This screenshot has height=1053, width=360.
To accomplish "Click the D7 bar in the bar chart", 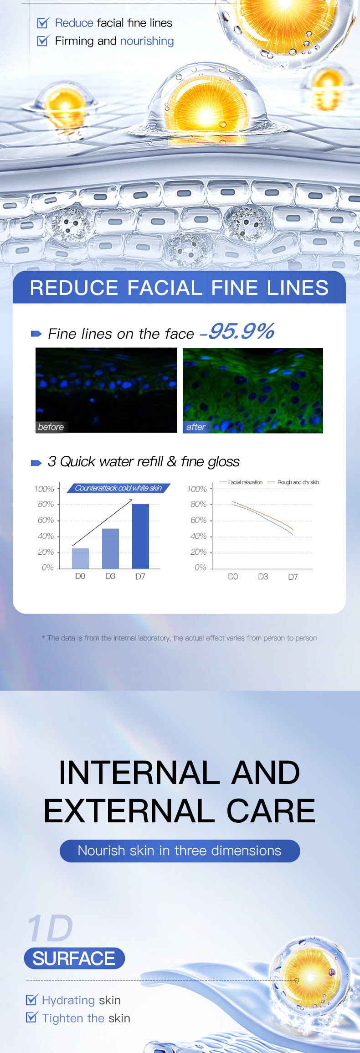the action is tap(140, 536).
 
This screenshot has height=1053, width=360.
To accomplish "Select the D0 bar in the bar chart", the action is tap(80, 558).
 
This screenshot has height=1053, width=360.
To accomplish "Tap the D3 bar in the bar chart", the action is tap(110, 548).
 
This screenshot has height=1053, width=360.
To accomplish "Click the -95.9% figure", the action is tap(237, 331).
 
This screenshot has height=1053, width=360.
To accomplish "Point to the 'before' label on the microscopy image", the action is tap(51, 427).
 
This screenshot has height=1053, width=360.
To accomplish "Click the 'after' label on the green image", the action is tap(196, 427).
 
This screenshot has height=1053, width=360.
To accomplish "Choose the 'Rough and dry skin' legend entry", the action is tap(293, 482).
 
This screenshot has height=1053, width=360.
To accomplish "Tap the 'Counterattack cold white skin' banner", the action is tap(118, 488).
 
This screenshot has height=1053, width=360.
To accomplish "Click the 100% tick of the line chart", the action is tap(197, 489).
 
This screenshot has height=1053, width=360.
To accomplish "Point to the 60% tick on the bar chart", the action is tap(46, 520).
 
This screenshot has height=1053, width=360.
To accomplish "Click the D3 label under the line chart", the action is tap(263, 577).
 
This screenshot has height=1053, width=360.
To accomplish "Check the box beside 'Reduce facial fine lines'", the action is tap(43, 23).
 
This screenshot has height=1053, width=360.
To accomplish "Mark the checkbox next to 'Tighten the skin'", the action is tap(31, 1017).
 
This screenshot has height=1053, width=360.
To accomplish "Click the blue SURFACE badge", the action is tap(74, 958).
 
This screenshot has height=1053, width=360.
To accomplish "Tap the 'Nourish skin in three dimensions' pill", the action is tap(180, 851).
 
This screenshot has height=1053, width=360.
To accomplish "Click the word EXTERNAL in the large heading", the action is tap(129, 811).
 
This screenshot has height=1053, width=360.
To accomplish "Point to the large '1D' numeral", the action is tap(50, 928).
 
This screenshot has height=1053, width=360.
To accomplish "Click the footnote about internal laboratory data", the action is tap(179, 638).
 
